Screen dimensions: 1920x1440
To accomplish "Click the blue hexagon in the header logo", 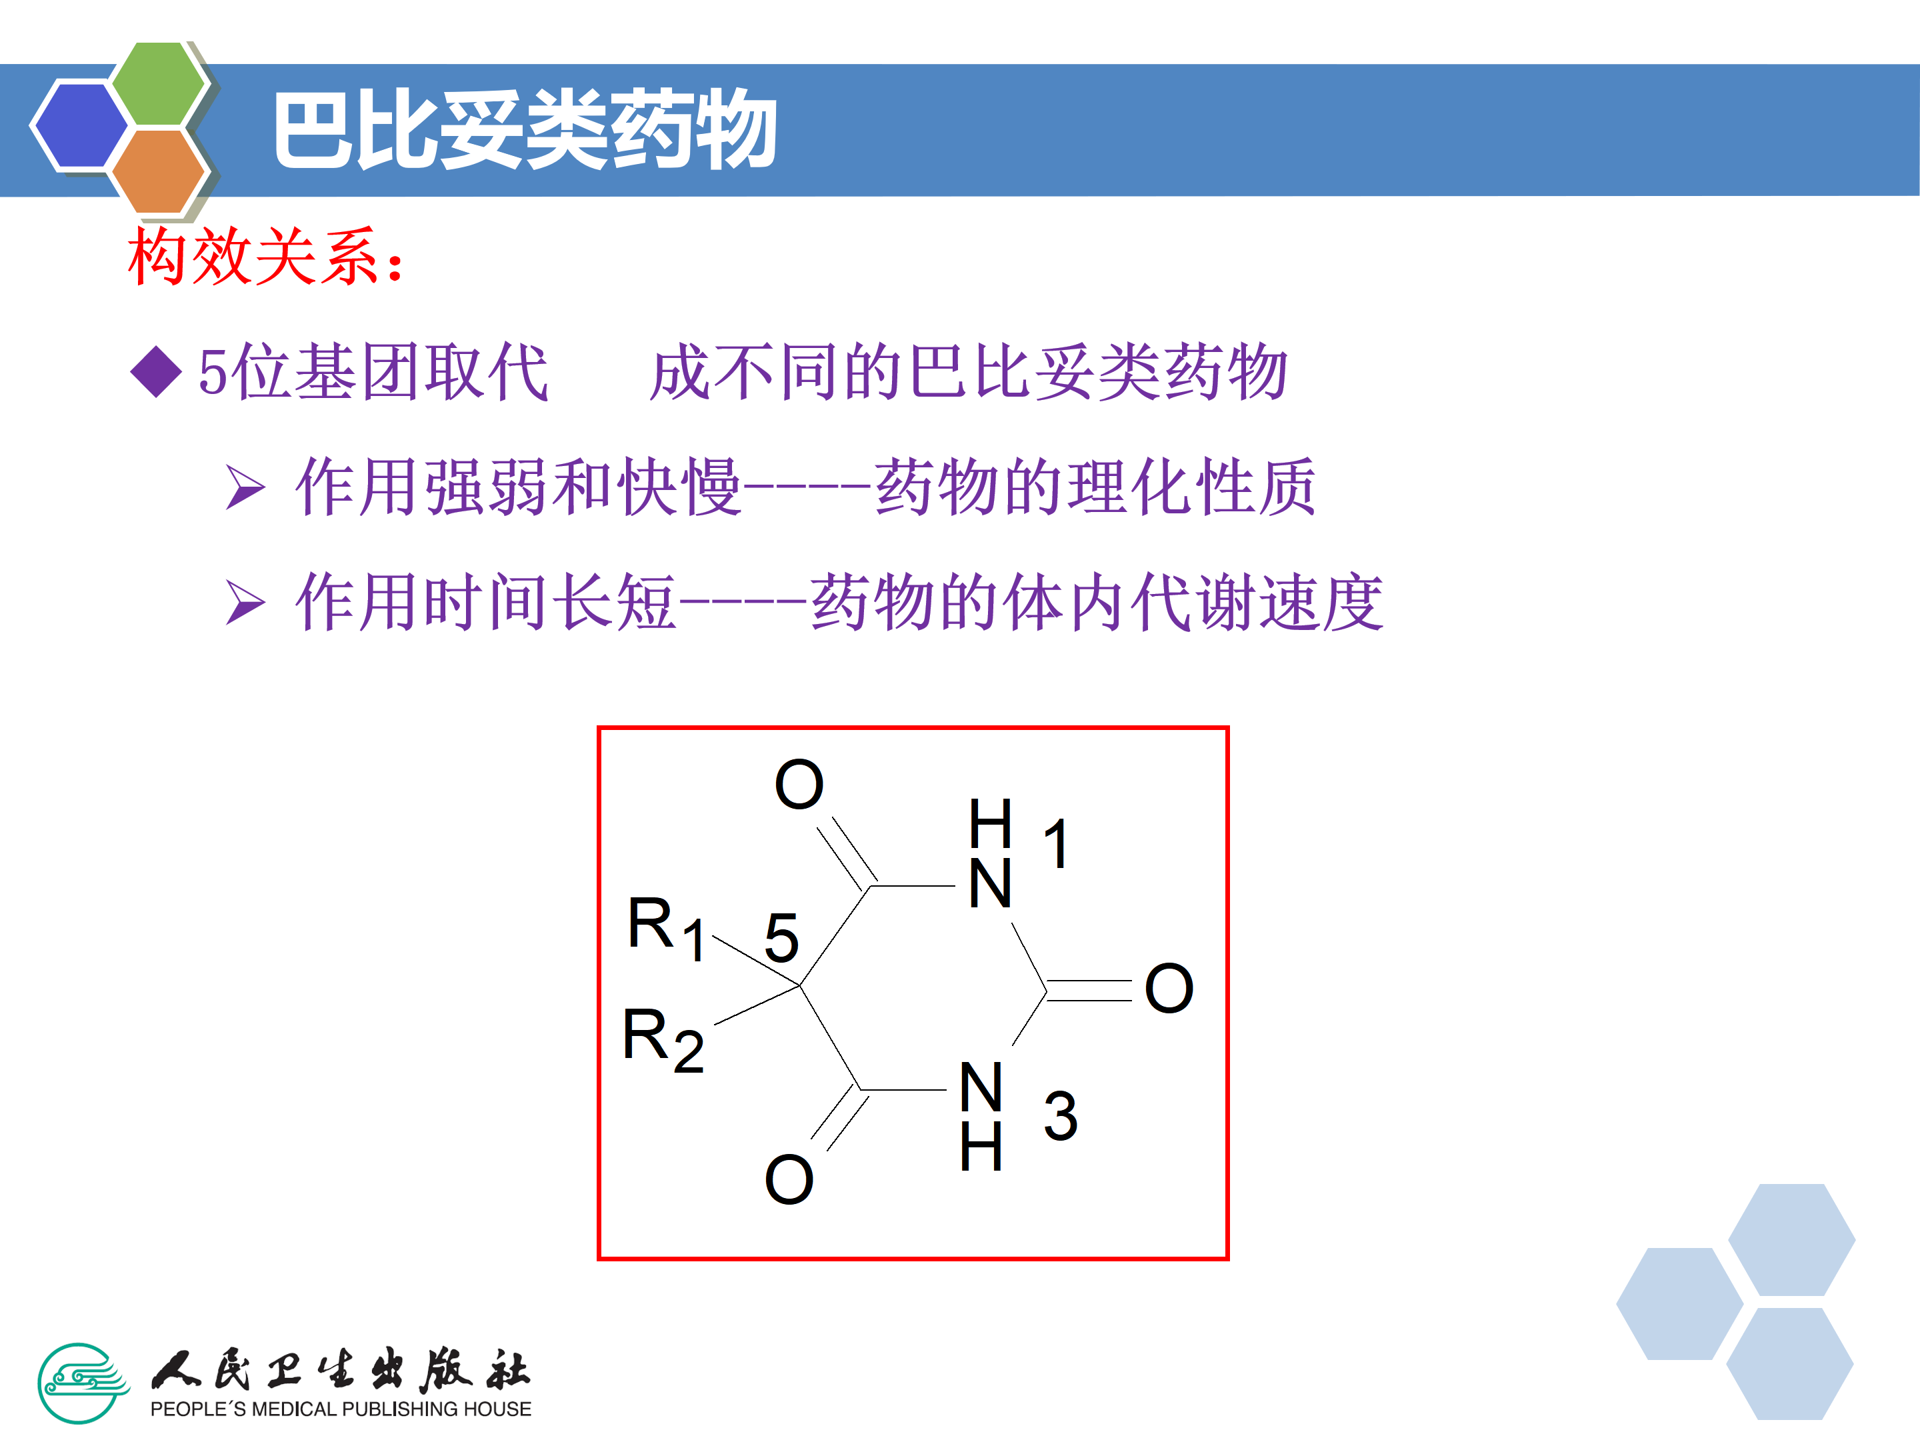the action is point(80,124).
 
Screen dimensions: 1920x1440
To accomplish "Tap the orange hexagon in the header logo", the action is point(159,170).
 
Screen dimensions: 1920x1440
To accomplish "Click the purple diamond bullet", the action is point(155,371).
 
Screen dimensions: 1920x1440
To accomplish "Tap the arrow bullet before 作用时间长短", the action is point(245,603).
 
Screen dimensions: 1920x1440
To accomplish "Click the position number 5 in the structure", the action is point(781,937).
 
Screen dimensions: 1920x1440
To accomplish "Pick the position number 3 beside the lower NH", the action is point(1060,1116).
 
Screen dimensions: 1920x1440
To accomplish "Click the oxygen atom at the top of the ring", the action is point(799,784).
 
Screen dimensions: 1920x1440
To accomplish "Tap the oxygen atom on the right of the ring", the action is point(1168,988).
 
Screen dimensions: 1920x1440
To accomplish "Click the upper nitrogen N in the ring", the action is point(989,883).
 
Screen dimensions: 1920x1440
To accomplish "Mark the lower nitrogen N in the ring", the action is point(981,1087).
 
